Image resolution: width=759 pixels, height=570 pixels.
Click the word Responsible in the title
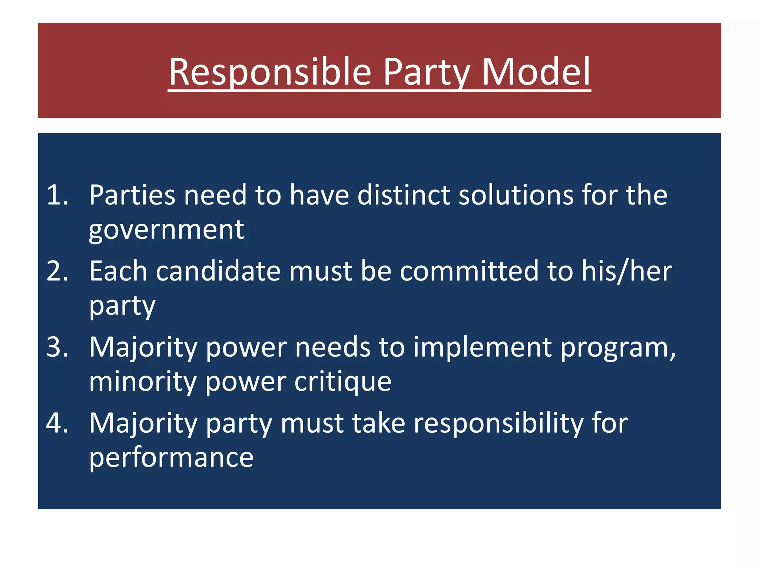(270, 72)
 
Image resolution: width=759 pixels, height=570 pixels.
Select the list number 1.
(57, 195)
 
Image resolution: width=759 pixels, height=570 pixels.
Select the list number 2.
(57, 271)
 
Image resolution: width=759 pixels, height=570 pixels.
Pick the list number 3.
(57, 347)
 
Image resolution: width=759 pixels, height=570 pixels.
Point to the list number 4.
(57, 423)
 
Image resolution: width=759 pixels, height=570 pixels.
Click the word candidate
(218, 271)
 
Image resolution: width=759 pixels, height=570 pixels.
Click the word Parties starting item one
(132, 195)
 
